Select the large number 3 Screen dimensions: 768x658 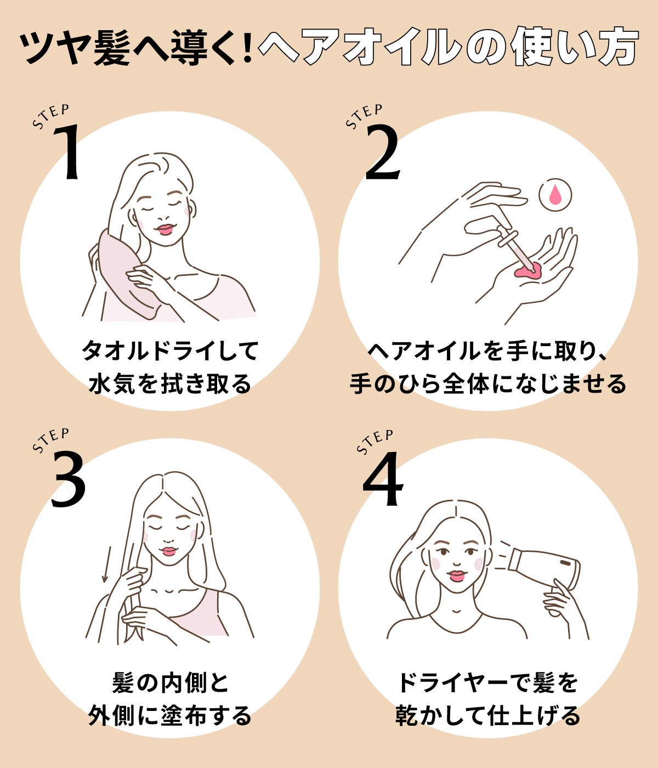[x=69, y=480]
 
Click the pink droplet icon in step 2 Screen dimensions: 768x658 [x=555, y=195]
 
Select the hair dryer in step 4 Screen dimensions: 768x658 [x=543, y=568]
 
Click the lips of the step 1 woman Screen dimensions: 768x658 [x=165, y=229]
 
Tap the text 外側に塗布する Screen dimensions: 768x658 [x=170, y=715]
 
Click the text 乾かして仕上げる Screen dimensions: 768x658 [x=487, y=715]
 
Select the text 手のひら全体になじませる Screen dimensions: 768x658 [x=487, y=383]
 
